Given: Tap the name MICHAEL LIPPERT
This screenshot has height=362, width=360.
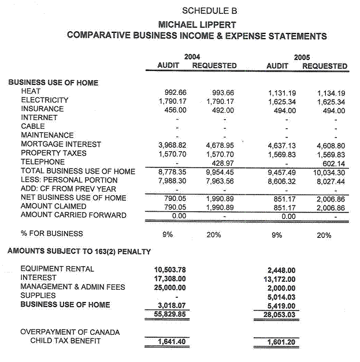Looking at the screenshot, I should point(197,25).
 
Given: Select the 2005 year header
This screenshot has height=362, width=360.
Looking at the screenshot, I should point(302,57).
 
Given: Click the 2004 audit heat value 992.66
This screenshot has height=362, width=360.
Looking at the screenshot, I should point(175,92).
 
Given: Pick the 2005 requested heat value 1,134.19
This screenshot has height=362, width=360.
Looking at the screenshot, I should point(331,92).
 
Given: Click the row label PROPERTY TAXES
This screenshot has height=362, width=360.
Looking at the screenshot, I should point(54,153).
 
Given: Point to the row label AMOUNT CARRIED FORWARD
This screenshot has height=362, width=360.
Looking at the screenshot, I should point(73,215).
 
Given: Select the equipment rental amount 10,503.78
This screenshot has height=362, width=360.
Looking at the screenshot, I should point(172,270).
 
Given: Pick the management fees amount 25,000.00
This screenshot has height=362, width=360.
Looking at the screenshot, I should point(172,287).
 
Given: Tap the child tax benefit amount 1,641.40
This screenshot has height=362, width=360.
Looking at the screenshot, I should point(172,342).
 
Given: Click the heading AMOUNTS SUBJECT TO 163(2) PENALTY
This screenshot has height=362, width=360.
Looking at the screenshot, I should point(79,251).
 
